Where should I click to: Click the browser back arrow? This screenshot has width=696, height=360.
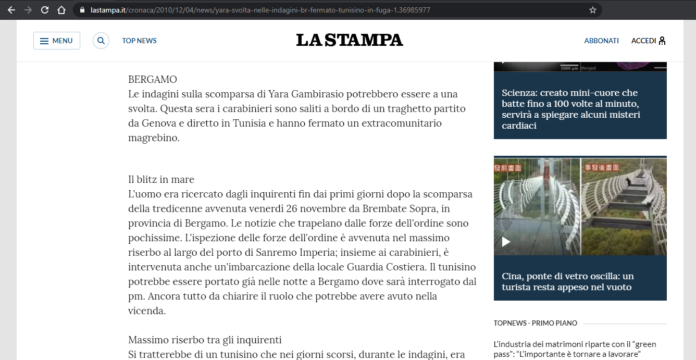click(11, 10)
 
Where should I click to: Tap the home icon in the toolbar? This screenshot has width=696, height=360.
click(61, 10)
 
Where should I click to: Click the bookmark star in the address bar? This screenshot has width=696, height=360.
click(592, 10)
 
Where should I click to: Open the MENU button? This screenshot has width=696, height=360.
click(57, 41)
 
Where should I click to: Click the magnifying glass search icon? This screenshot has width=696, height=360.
click(101, 41)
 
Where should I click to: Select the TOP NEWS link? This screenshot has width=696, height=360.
click(139, 41)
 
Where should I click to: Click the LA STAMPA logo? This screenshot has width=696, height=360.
click(350, 40)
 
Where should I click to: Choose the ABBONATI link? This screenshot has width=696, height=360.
click(601, 41)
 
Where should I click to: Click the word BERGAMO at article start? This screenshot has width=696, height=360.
click(153, 80)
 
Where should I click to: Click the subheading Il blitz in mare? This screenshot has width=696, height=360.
click(161, 180)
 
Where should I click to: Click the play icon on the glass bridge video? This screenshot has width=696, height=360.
click(506, 242)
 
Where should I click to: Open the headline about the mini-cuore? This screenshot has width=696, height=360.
click(571, 109)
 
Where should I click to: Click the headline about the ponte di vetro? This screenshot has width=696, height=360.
click(568, 281)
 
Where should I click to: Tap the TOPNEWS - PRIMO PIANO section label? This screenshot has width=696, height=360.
click(536, 323)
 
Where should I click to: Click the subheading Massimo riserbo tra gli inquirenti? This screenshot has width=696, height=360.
click(205, 340)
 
